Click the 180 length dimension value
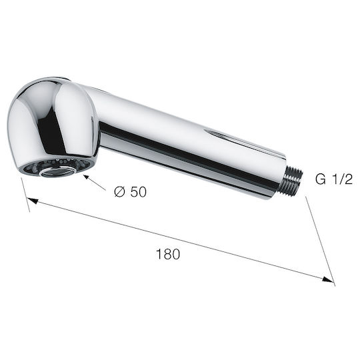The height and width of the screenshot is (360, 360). tap(168, 254)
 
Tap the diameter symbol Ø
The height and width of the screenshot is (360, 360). tap(120, 191)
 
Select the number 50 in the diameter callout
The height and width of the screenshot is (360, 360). tap(139, 192)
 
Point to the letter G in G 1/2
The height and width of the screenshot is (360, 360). tap(321, 179)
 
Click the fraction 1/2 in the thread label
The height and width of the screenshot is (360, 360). tap(341, 179)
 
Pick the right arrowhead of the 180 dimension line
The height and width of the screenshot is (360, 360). tap(328, 279)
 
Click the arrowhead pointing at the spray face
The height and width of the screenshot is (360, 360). tap(87, 177)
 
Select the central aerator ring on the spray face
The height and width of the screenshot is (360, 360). tap(59, 171)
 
